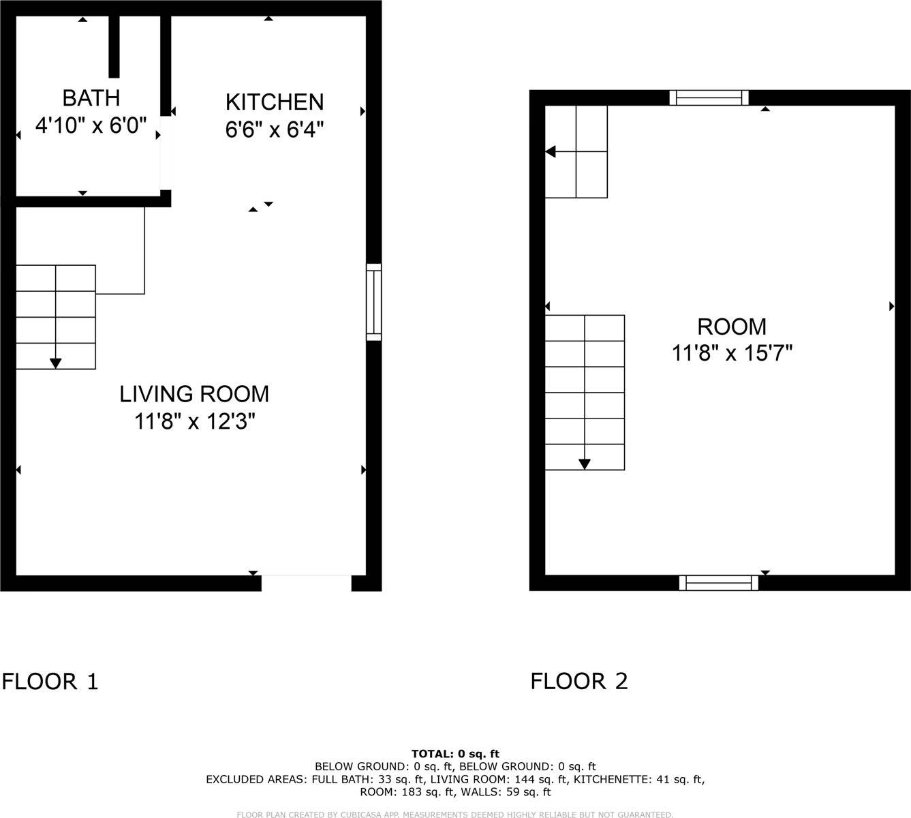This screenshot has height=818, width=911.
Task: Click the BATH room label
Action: pyautogui.click(x=91, y=98)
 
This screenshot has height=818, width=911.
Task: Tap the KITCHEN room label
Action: pyautogui.click(x=274, y=102)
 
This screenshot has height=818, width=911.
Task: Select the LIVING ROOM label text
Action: pyautogui.click(x=194, y=394)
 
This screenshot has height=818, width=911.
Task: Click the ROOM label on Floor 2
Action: pyautogui.click(x=732, y=327)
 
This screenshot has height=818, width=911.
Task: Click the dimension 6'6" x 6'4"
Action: pyautogui.click(x=274, y=130)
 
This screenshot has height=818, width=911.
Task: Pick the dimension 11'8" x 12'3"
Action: pyautogui.click(x=194, y=421)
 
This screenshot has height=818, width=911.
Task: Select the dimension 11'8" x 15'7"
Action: pyautogui.click(x=732, y=353)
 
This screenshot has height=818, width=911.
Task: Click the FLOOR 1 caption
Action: pyautogui.click(x=50, y=681)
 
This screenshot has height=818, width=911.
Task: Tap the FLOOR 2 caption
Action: pyautogui.click(x=579, y=681)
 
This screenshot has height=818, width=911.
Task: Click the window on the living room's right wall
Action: pyautogui.click(x=373, y=302)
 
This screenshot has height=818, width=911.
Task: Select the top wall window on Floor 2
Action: pyautogui.click(x=709, y=98)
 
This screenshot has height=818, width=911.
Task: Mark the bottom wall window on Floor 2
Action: pyautogui.click(x=718, y=583)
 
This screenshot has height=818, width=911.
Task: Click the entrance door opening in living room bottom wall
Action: pyautogui.click(x=306, y=583)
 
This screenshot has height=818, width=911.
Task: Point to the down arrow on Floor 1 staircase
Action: pyautogui.click(x=55, y=362)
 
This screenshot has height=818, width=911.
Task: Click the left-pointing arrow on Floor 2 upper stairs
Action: pyautogui.click(x=551, y=151)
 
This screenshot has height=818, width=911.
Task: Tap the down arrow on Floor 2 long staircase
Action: pyautogui.click(x=584, y=464)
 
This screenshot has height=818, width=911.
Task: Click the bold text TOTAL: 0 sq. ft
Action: pyautogui.click(x=455, y=754)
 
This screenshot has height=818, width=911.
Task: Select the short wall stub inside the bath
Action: pyautogui.click(x=114, y=46)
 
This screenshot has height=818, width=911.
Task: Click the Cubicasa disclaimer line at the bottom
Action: pyautogui.click(x=455, y=815)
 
